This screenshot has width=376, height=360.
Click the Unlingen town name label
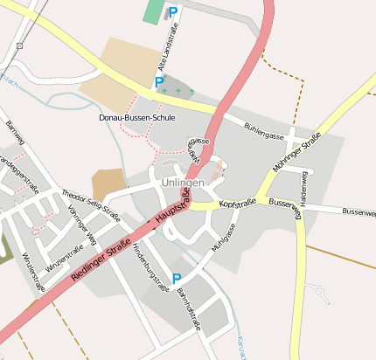tap(183, 183)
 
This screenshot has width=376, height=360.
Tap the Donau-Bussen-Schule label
tap(137, 117)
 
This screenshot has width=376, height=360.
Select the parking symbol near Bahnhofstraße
tap(177, 279)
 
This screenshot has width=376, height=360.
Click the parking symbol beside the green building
tap(173, 12)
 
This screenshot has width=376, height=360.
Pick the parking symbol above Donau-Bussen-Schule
tap(159, 82)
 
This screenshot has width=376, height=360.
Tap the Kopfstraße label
tap(238, 203)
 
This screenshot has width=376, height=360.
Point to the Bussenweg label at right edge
tap(359, 211)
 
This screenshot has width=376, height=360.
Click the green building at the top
tap(154, 12)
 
